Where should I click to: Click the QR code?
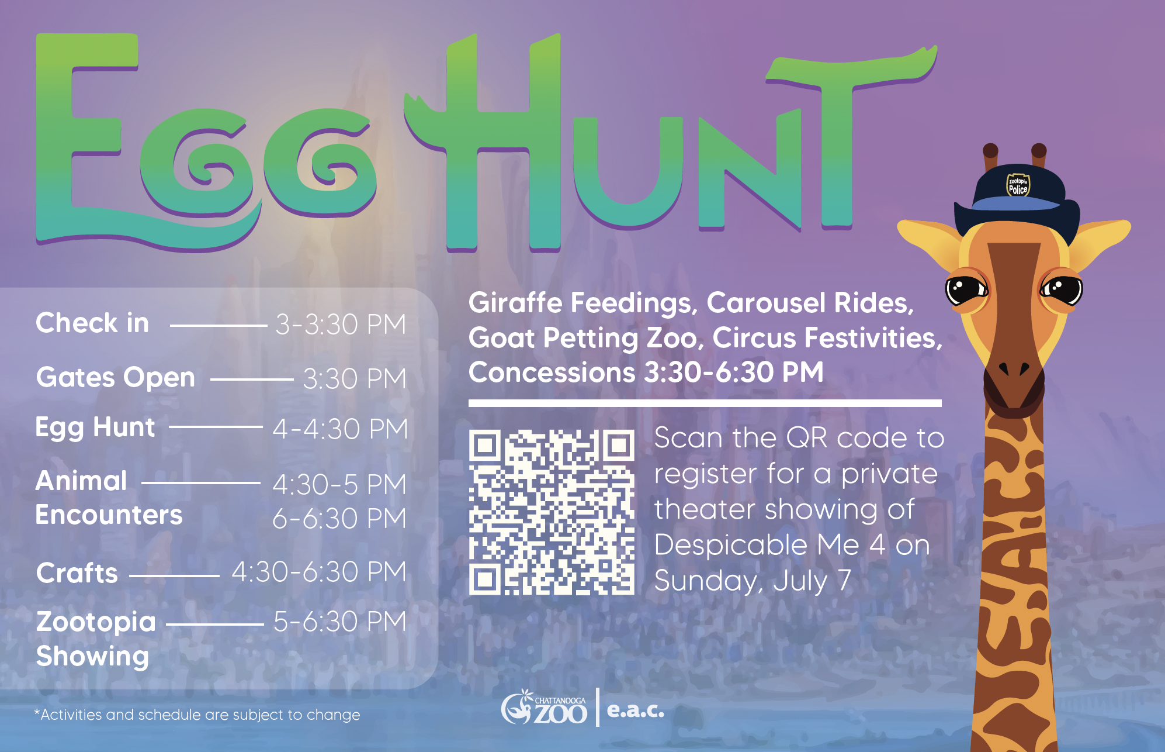pos(551,512)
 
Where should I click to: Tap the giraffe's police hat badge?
pos(1018,185)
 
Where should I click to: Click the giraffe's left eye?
pos(966,288)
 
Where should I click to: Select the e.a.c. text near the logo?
pos(636,709)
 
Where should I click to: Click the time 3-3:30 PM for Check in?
pos(341,324)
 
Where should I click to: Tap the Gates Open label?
pos(116,377)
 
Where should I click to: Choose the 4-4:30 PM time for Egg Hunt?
pos(340,429)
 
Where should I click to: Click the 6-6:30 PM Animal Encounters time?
pos(339,518)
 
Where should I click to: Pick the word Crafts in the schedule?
pos(77,573)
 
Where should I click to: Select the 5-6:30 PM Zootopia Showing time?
pos(339,622)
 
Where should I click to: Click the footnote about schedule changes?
pos(197,715)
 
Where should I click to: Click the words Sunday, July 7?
pos(753,581)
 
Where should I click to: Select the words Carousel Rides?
pos(810,303)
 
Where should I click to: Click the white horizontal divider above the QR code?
pos(705,403)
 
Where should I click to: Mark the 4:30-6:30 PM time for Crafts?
pos(319,572)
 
